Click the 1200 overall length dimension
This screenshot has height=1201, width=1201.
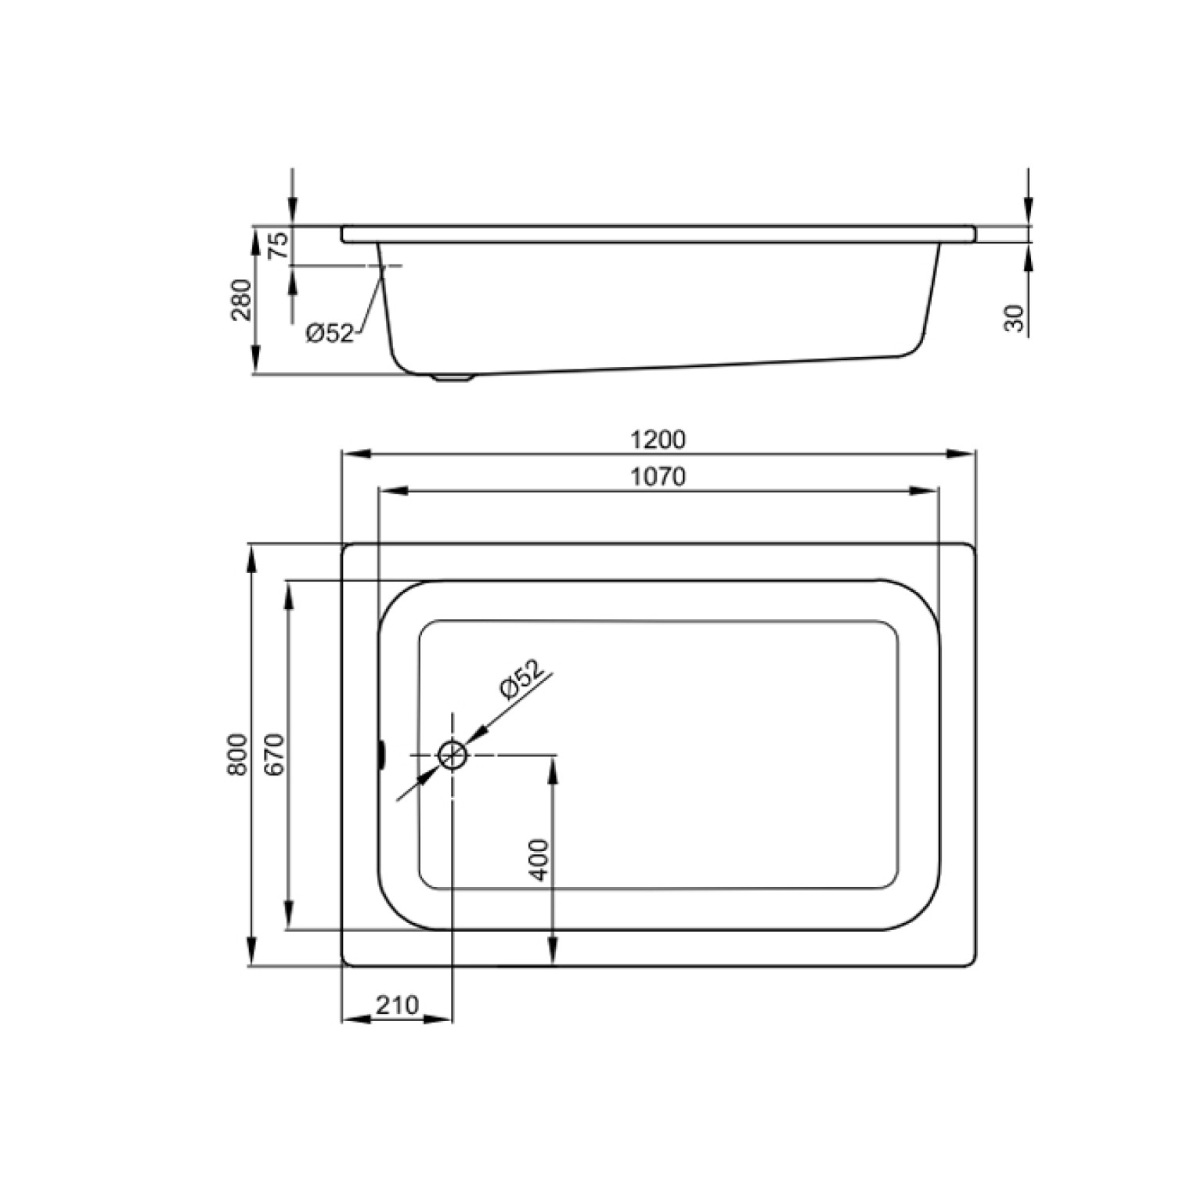(658, 440)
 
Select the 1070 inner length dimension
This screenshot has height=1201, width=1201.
(658, 476)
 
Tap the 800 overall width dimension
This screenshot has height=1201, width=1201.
(238, 755)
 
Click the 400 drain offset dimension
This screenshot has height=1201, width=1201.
(539, 860)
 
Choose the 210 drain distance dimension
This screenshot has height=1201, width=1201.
(398, 1004)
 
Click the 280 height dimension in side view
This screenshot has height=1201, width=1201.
(242, 300)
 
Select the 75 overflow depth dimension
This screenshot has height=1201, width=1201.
(279, 246)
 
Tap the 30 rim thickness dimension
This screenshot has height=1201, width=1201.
(1015, 319)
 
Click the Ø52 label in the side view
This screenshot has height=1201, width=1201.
(330, 334)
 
